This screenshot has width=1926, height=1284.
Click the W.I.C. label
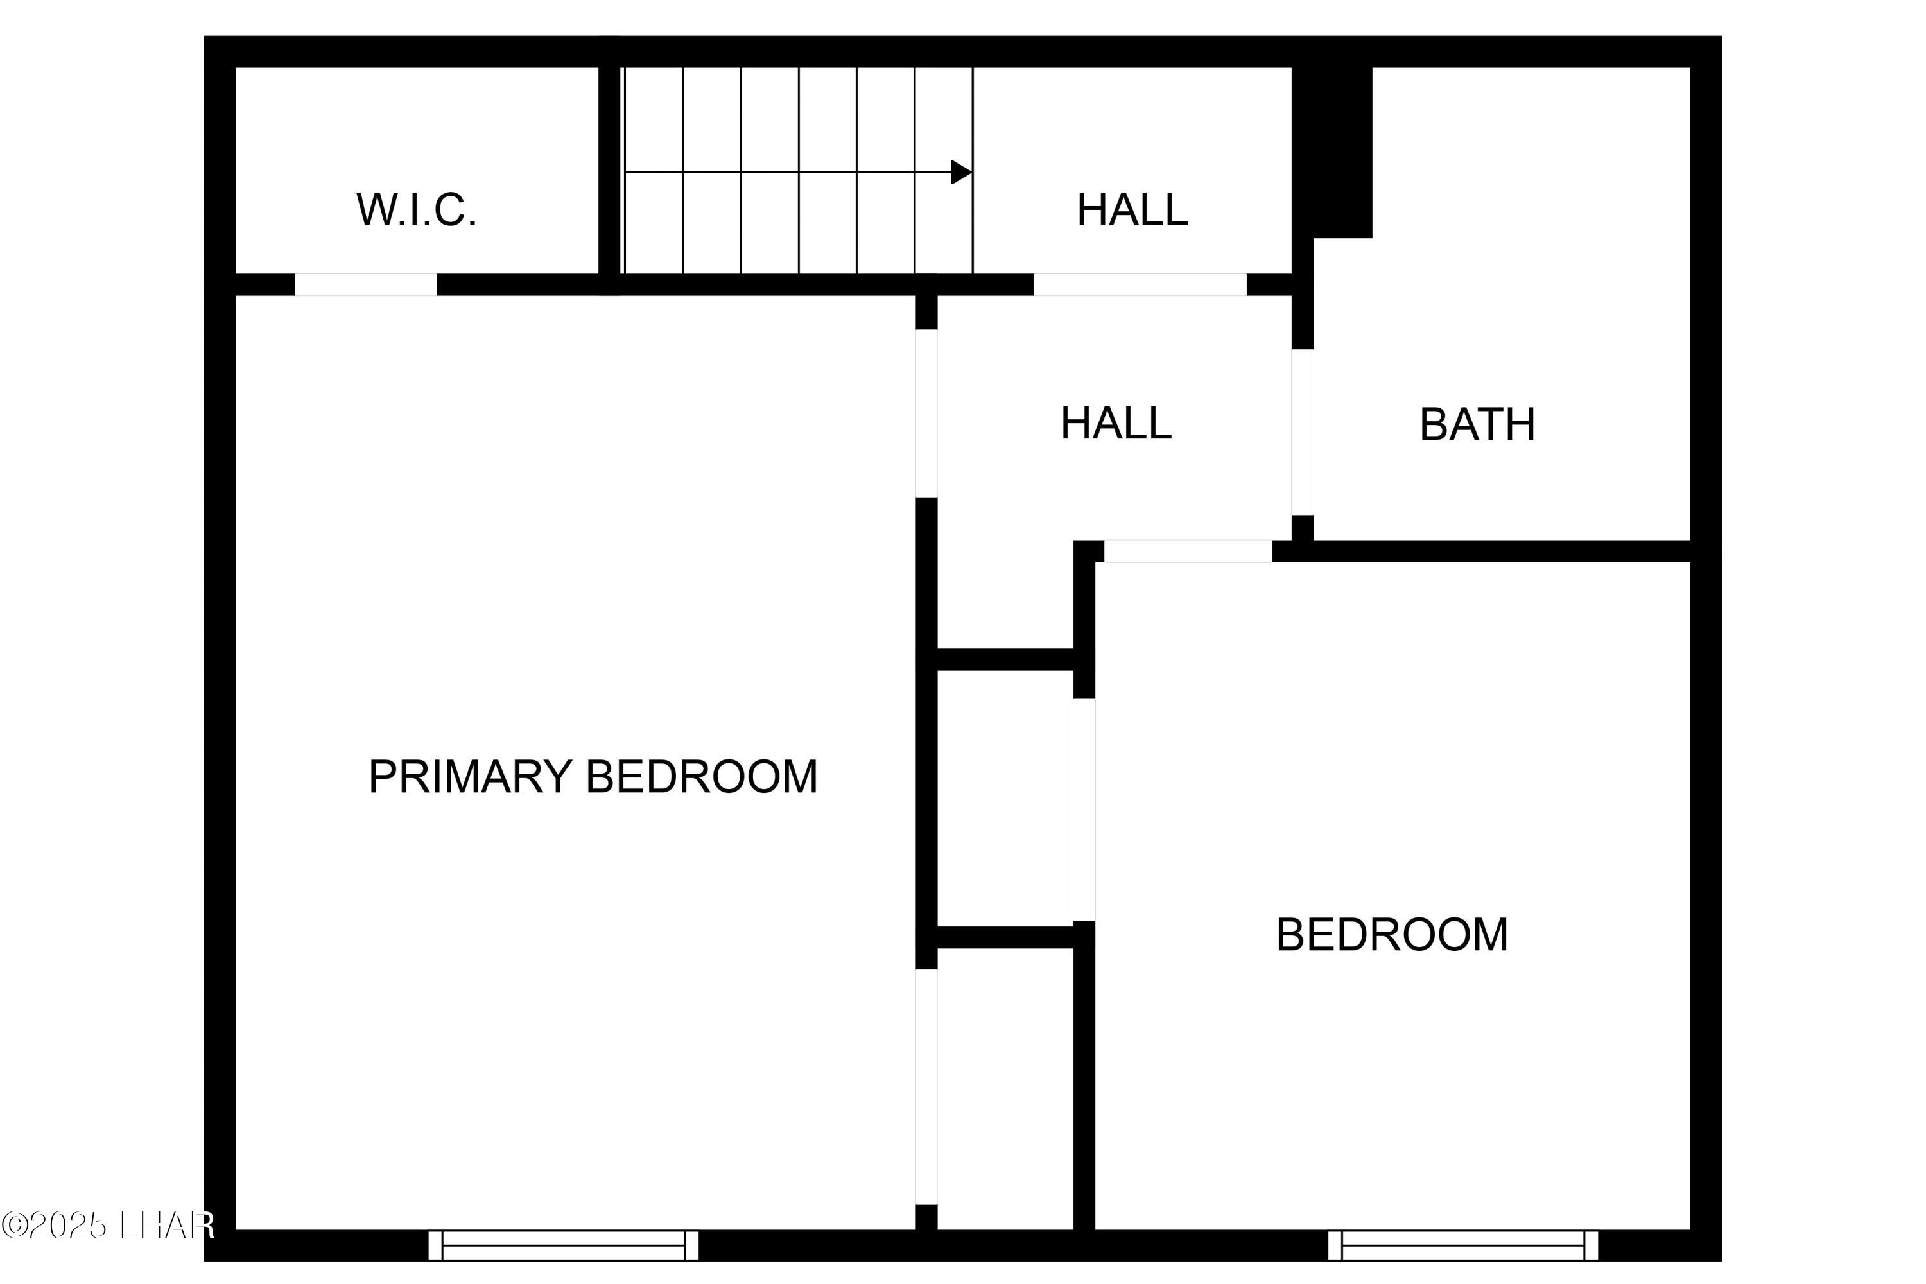[416, 210]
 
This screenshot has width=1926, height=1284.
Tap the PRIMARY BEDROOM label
[593, 776]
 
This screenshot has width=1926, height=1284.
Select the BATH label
[1477, 424]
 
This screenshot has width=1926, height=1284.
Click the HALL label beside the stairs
[1132, 210]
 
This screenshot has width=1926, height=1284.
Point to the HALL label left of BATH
[1115, 422]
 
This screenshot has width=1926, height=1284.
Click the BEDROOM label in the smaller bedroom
[1391, 934]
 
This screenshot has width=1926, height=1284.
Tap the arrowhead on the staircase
[960, 172]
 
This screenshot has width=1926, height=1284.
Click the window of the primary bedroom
[564, 1245]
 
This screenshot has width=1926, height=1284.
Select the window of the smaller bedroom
[1462, 1245]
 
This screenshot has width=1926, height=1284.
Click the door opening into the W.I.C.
[365, 284]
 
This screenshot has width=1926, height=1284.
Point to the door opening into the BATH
[1302, 431]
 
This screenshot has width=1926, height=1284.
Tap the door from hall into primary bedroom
[926, 413]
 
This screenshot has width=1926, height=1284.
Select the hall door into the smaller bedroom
[1187, 551]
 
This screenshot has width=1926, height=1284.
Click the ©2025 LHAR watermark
[107, 1225]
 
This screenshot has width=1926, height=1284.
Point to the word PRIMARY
[470, 776]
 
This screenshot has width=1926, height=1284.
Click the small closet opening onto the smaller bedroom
[1005, 799]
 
